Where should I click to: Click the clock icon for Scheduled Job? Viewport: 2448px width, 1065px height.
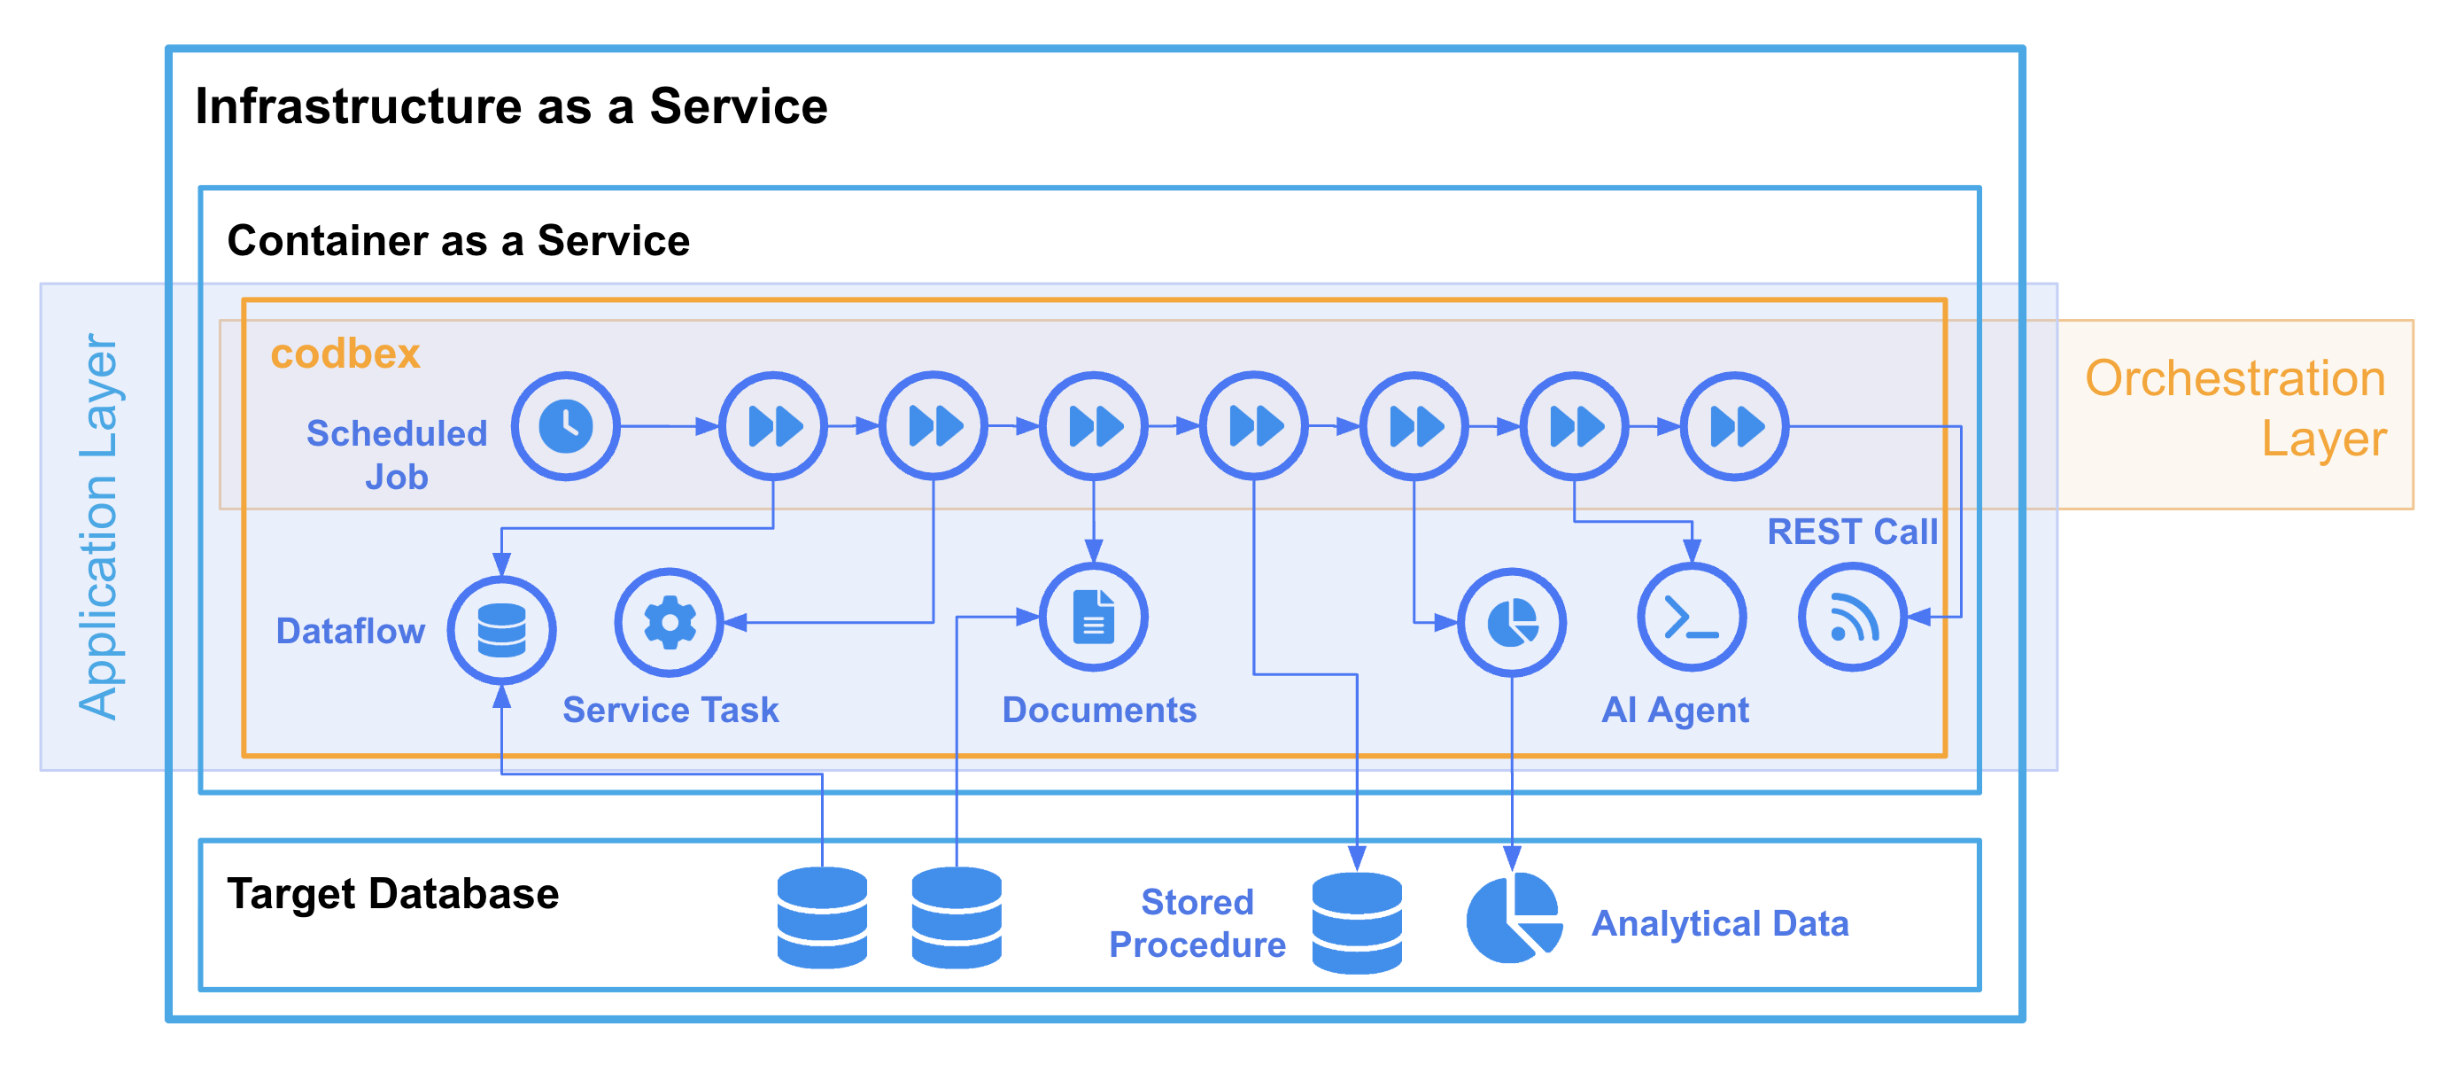[x=565, y=426]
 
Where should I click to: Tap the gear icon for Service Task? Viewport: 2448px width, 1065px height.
[x=669, y=623]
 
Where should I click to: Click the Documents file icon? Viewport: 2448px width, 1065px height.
[x=1093, y=618]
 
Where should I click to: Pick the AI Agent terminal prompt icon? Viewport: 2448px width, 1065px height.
[x=1692, y=618]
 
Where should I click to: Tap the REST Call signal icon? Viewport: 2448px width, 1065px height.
[x=1852, y=618]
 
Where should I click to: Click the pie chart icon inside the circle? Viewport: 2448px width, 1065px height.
[x=1511, y=623]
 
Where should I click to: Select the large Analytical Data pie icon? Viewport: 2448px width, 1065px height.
[x=1514, y=919]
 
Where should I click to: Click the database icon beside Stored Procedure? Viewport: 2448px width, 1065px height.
[x=1357, y=923]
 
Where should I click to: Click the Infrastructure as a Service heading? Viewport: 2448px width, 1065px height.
[x=511, y=105]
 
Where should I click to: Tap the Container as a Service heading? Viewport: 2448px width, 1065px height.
[x=458, y=241]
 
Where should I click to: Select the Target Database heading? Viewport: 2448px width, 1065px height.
[x=392, y=894]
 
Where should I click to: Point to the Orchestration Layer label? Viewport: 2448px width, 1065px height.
[x=2235, y=408]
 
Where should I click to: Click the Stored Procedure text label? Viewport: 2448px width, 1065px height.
[x=1197, y=923]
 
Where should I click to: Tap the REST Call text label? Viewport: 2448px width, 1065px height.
[x=1852, y=532]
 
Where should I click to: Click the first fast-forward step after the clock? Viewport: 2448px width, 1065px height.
[x=772, y=426]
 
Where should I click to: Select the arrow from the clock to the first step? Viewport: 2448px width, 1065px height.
[x=669, y=426]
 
